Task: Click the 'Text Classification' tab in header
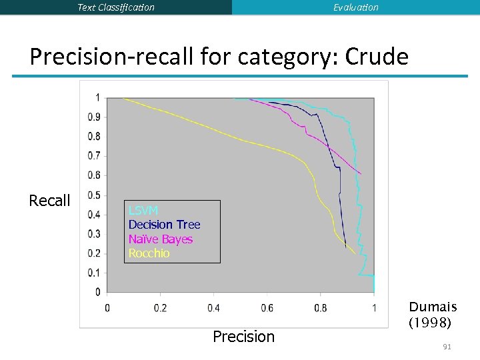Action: pyautogui.click(x=116, y=7)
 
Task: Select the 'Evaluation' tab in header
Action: pyautogui.click(x=355, y=7)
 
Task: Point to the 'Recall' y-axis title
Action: pyautogui.click(x=49, y=201)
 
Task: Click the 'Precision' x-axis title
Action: pyautogui.click(x=243, y=337)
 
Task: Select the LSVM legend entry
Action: pyautogui.click(x=143, y=211)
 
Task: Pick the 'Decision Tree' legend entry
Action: pyautogui.click(x=164, y=225)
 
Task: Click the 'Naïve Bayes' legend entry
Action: pyautogui.click(x=160, y=239)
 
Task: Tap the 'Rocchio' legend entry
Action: pyautogui.click(x=149, y=253)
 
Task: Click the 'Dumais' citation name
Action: pyautogui.click(x=433, y=307)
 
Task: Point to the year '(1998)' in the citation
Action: pyautogui.click(x=430, y=323)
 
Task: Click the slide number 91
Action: pyautogui.click(x=447, y=347)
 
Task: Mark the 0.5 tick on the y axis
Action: pyautogui.click(x=95, y=195)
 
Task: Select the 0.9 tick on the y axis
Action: pyautogui.click(x=95, y=117)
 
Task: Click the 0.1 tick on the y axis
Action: pyautogui.click(x=95, y=273)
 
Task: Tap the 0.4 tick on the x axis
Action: pyautogui.click(x=213, y=308)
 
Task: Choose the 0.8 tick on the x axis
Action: pyautogui.click(x=321, y=308)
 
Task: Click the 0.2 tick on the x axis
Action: pyautogui.click(x=160, y=308)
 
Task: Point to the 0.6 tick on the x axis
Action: pyautogui.click(x=267, y=308)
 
